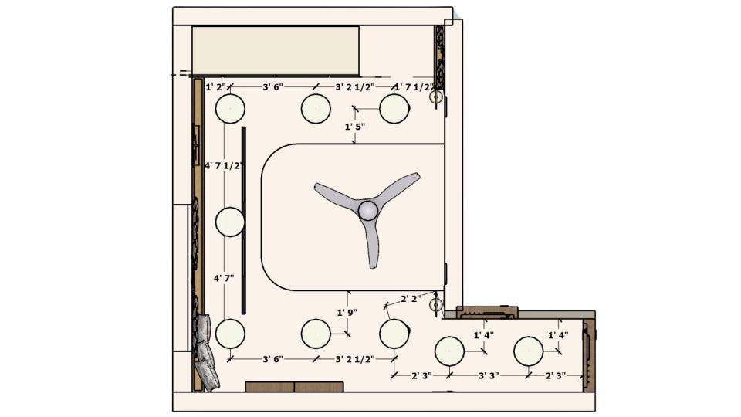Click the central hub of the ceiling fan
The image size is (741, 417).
[x=367, y=210]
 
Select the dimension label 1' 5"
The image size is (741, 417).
[x=355, y=127]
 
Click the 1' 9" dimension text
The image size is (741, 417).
[x=347, y=313]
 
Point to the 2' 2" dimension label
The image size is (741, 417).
[x=411, y=299]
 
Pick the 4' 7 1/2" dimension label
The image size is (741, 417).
[x=224, y=165]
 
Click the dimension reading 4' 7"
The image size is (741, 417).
[x=224, y=279]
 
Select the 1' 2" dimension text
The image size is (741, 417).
[x=216, y=87]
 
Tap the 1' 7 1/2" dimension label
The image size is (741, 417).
[x=414, y=87]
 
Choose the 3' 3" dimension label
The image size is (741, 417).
[x=489, y=376]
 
